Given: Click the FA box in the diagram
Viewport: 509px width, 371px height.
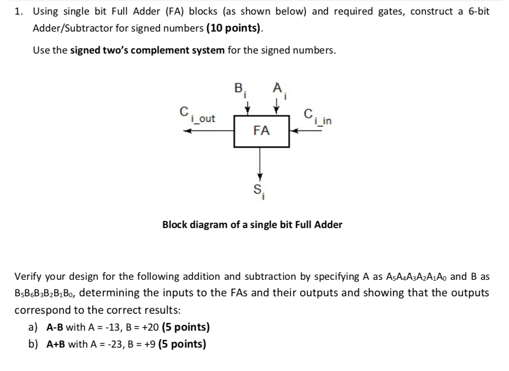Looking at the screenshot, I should click(x=261, y=131).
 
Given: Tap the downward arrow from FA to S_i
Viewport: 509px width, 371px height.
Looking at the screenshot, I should click(x=261, y=165).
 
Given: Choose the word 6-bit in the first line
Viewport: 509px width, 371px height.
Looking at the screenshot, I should click(x=476, y=11).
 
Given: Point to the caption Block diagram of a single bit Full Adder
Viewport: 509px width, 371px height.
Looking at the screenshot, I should click(x=252, y=225).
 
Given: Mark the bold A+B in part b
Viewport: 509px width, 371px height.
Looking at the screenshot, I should click(x=56, y=344).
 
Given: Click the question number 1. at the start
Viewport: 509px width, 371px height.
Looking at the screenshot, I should click(x=19, y=11).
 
